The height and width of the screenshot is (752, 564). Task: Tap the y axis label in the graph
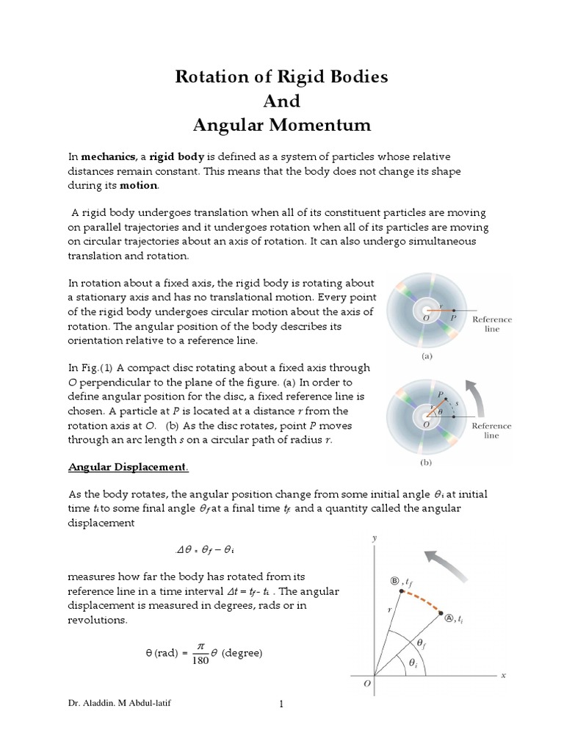coord(374,538)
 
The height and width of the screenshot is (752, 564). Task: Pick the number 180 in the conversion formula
coord(199,660)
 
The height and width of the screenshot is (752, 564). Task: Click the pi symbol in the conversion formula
coord(199,643)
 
